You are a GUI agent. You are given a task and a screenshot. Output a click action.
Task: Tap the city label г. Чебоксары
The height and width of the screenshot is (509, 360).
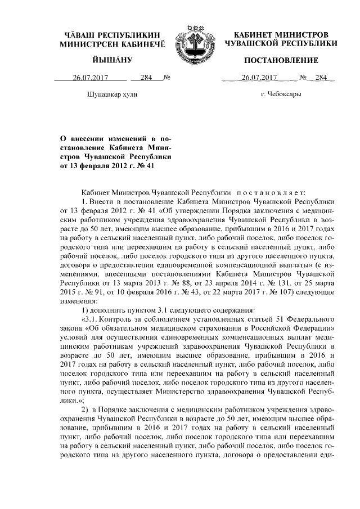tap(281, 94)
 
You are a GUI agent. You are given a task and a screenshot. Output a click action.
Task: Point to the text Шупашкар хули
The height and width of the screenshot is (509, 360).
tap(110, 94)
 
